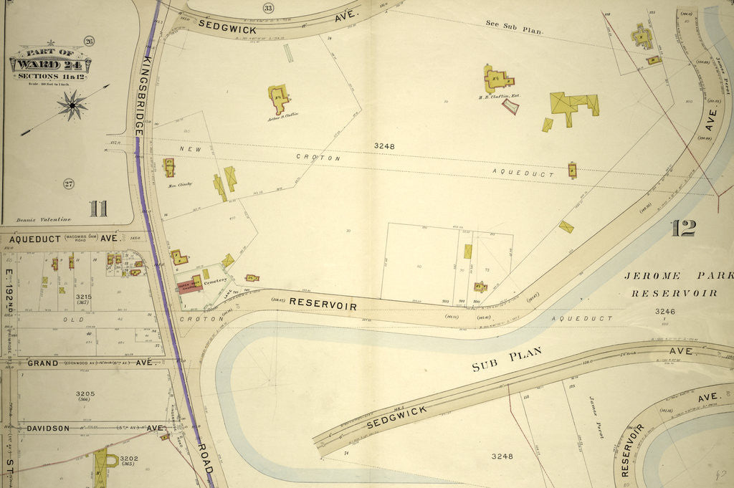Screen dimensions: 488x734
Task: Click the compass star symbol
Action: coord(72,105)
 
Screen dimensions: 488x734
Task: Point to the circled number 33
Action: coord(248,8)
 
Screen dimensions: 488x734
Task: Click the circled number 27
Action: coord(69,183)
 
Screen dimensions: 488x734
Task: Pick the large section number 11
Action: coord(98,209)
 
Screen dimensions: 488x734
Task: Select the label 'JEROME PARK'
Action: coord(677,276)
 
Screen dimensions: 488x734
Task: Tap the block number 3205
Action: coord(85,393)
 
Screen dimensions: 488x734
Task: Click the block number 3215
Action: coord(85,296)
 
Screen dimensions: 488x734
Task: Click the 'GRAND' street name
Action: coord(43,363)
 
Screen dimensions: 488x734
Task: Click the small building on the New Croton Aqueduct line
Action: coord(572,170)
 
